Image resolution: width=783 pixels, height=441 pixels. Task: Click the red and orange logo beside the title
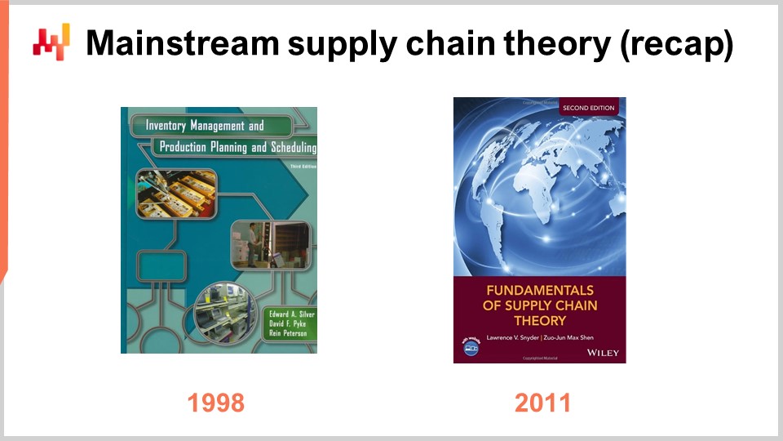(x=51, y=42)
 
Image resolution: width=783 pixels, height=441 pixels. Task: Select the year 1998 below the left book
(x=216, y=402)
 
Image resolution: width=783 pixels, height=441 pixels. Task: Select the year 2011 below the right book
(x=542, y=402)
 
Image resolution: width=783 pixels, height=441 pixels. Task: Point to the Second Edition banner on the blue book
(x=588, y=107)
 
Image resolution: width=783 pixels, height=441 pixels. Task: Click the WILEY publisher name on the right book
(x=603, y=352)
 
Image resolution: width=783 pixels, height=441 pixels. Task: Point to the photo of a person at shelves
(x=269, y=244)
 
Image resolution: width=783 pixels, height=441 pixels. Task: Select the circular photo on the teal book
(x=223, y=312)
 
